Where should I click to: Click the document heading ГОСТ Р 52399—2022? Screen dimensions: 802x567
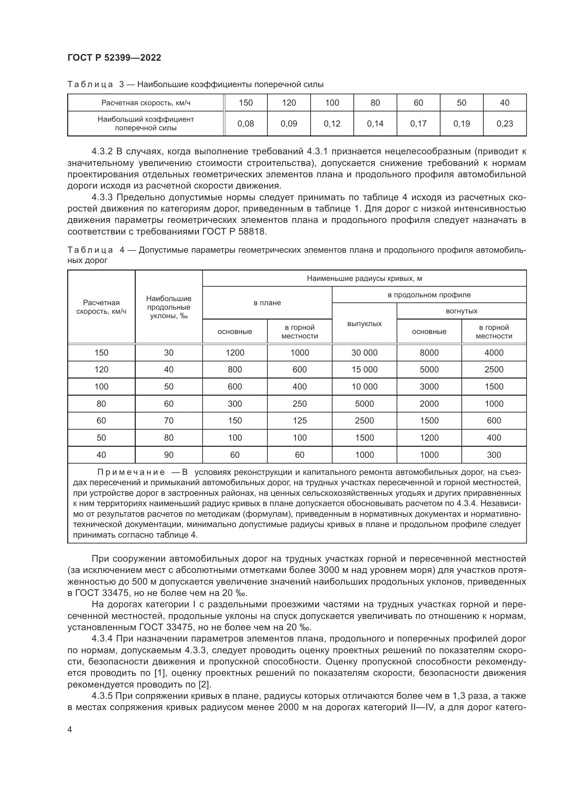(114, 58)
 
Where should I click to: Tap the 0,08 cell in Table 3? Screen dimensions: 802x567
(245, 123)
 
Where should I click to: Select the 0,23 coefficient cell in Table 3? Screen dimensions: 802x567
(505, 123)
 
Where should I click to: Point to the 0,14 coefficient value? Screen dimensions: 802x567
(375, 123)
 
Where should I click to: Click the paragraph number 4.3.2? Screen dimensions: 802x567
(102, 151)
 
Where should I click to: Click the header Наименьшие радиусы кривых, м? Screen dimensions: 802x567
(364, 278)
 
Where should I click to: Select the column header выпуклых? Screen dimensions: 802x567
(364, 323)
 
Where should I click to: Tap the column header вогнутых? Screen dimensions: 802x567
(461, 311)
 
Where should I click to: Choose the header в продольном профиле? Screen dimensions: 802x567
(429, 295)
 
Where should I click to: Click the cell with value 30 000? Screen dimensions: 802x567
(364, 352)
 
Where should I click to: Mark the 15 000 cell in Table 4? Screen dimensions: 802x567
(364, 369)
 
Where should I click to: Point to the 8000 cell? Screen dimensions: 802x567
(429, 352)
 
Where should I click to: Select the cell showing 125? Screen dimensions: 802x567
(300, 420)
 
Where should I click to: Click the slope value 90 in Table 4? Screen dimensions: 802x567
(169, 454)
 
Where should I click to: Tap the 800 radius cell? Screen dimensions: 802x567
(234, 369)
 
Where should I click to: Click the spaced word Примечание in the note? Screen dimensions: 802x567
(131, 472)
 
